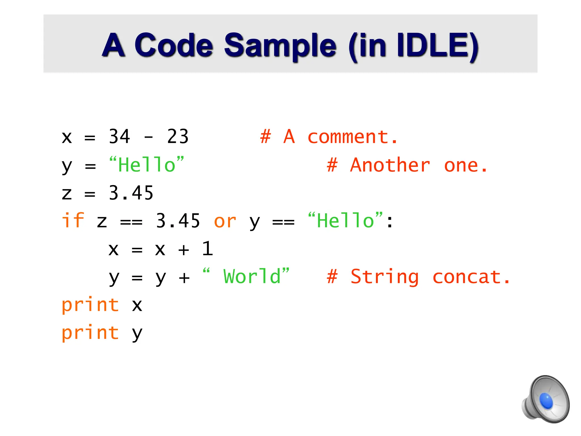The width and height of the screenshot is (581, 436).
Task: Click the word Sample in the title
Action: pyautogui.click(x=280, y=45)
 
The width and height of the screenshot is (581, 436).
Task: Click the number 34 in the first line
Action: pyautogui.click(x=119, y=137)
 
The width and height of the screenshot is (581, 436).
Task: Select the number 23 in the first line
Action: pyautogui.click(x=178, y=137)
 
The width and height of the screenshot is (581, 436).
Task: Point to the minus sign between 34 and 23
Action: pyautogui.click(x=149, y=137)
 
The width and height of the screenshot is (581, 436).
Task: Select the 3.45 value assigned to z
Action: pyautogui.click(x=131, y=193)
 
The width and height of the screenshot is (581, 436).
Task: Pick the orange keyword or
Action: pyautogui.click(x=225, y=221)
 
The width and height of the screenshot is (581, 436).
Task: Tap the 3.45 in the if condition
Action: pyautogui.click(x=178, y=221)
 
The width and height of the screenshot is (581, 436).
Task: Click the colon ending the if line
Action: pyautogui.click(x=390, y=222)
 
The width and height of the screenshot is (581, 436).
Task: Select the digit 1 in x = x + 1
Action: pyautogui.click(x=207, y=249)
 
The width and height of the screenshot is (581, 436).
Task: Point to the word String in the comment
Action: pyautogui.click(x=385, y=277)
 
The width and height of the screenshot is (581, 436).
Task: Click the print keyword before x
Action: pyautogui.click(x=90, y=305)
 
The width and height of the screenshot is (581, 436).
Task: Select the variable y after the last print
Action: pyautogui.click(x=137, y=333)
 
